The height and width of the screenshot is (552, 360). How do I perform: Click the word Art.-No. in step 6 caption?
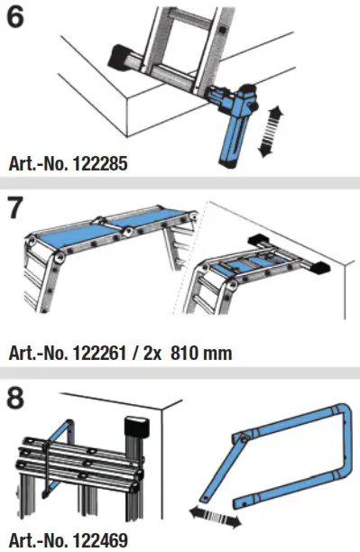click(34, 164)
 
